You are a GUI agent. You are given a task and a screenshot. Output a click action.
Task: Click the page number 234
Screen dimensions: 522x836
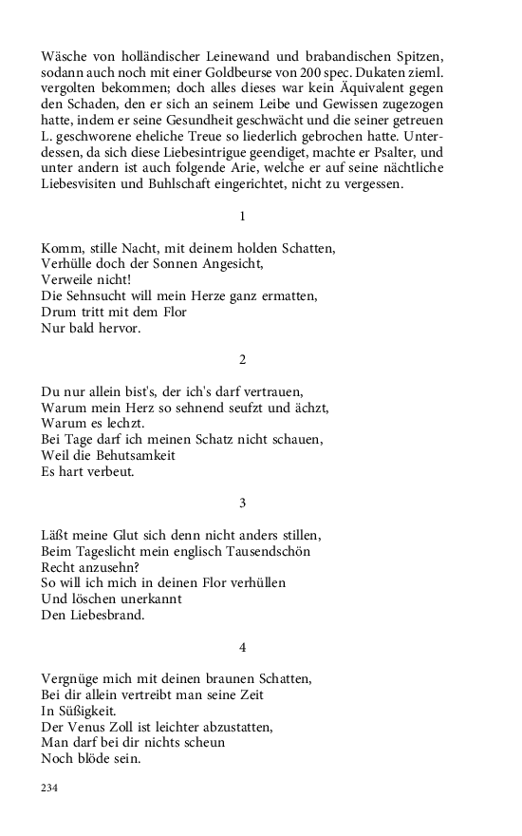tap(50, 788)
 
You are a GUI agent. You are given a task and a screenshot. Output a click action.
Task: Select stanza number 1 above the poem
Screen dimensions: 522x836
tap(243, 217)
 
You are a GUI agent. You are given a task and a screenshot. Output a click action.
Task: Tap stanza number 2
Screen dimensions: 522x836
tap(243, 359)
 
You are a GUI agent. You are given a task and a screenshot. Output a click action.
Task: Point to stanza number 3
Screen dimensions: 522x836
tap(243, 503)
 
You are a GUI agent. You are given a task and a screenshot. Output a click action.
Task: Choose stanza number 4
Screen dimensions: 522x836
tap(243, 648)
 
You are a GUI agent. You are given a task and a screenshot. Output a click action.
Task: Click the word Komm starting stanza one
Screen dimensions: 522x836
tap(61, 249)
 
